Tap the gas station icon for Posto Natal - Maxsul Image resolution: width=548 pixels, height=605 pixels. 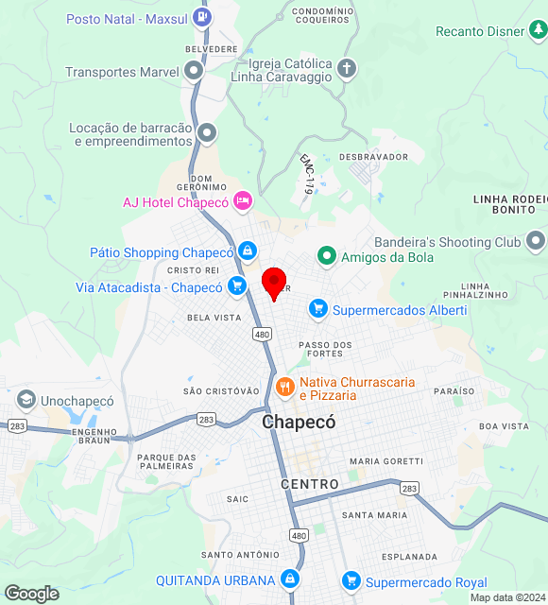click(x=201, y=17)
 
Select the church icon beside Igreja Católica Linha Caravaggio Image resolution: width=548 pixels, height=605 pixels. click(x=347, y=68)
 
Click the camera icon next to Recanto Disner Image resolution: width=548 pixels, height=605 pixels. click(x=538, y=32)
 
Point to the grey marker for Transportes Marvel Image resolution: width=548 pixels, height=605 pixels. click(x=194, y=71)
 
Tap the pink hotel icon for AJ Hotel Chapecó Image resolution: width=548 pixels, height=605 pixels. click(x=243, y=201)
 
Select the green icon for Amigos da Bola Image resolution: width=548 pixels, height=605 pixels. click(x=327, y=254)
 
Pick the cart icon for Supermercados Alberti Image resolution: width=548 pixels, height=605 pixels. click(x=318, y=308)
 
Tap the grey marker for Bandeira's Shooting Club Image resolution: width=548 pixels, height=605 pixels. click(x=535, y=241)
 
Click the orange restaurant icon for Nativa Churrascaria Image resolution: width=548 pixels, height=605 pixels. click(x=284, y=387)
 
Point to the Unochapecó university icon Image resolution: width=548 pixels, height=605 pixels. click(x=26, y=400)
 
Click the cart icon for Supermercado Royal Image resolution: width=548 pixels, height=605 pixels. click(x=351, y=581)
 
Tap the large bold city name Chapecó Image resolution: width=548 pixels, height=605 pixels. click(x=300, y=423)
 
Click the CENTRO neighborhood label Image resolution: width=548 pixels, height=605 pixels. click(x=310, y=484)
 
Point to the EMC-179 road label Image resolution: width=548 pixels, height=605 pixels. click(x=306, y=174)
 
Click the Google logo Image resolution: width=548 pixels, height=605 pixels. click(x=31, y=593)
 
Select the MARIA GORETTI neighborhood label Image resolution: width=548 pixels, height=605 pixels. click(x=385, y=460)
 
